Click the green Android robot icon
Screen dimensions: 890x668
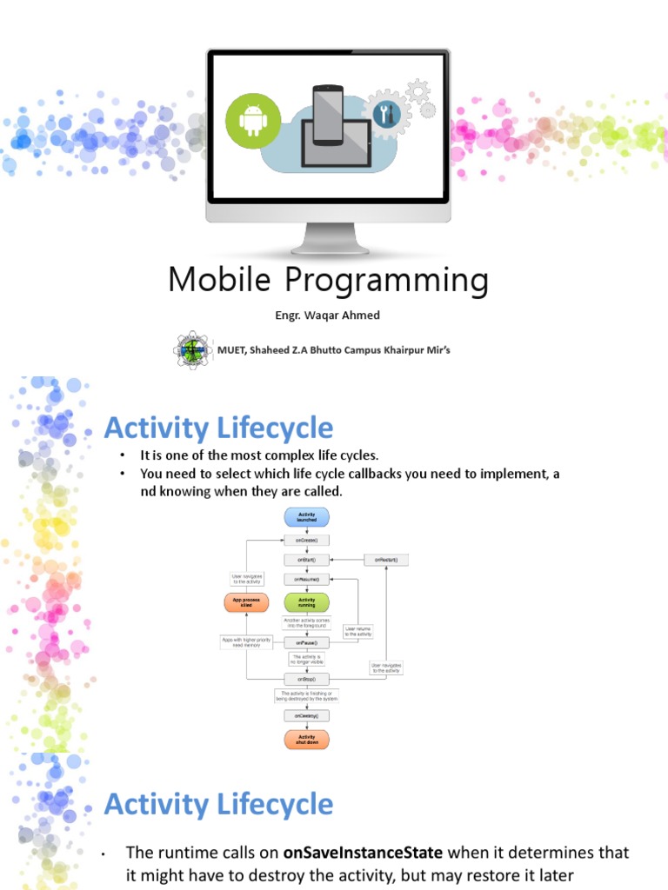[253, 119]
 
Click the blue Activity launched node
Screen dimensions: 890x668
[306, 517]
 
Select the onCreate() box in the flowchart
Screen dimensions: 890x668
[306, 540]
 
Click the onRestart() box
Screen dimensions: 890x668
[385, 561]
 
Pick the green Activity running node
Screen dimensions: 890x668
[306, 601]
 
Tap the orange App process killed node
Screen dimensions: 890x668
[247, 601]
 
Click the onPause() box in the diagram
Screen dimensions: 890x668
[306, 642]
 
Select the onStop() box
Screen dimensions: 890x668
[306, 678]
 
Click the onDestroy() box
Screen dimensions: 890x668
[306, 715]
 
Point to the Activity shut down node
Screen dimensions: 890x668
[306, 739]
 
